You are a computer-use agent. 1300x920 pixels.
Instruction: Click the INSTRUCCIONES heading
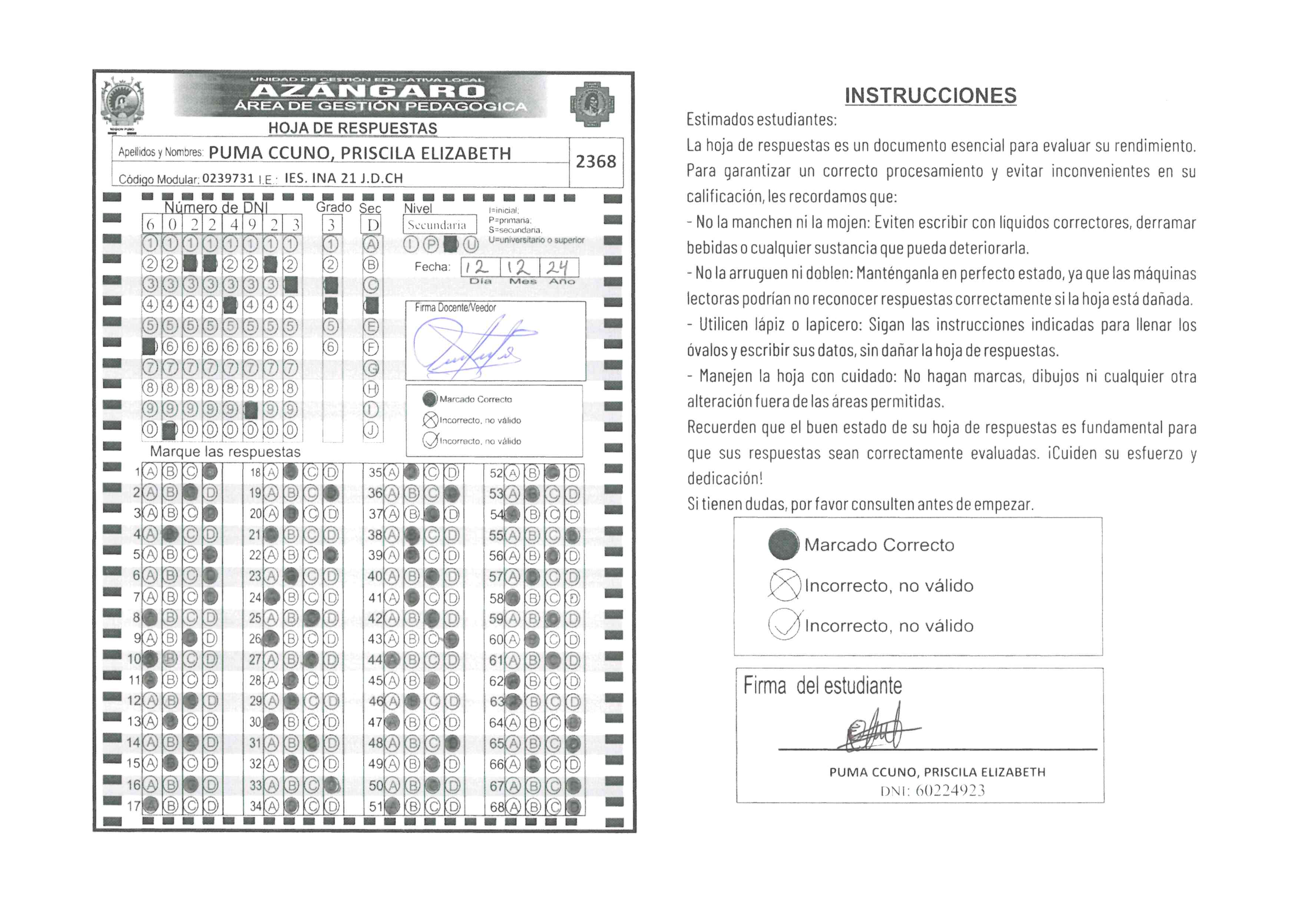930,96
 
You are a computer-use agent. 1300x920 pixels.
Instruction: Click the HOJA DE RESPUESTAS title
353,128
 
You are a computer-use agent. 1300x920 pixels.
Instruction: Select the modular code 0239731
228,178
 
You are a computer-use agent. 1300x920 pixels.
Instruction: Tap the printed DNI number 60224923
950,791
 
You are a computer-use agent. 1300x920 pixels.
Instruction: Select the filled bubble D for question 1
210,472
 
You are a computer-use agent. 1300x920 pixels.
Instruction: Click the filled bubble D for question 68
573,806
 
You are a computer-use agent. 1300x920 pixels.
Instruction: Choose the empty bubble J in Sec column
371,431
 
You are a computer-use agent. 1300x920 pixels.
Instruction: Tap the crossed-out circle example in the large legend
784,585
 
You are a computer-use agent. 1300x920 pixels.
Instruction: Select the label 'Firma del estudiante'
822,686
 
